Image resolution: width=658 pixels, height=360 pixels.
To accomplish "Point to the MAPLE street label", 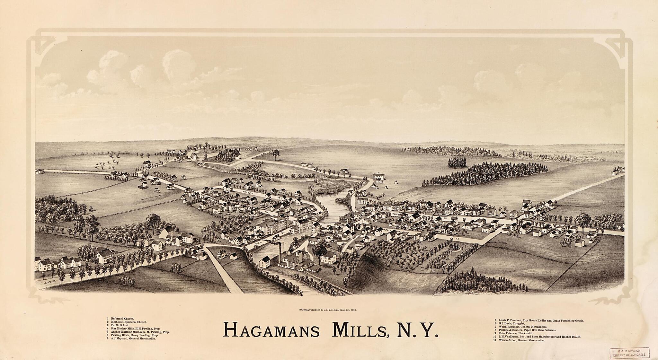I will point(50,283).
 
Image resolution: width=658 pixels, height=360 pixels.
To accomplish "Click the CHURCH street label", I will point(398,213).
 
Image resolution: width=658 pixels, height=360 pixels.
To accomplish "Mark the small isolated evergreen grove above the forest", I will point(457,162).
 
